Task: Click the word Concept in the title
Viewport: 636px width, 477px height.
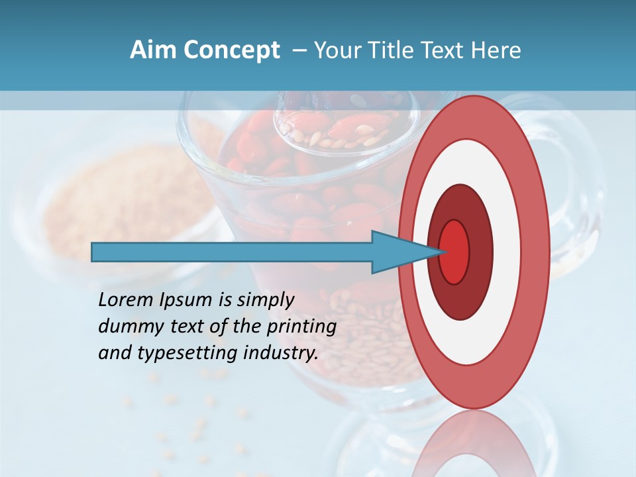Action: [233, 50]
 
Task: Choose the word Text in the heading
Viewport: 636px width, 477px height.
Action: [445, 50]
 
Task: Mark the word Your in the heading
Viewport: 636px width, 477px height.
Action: [335, 50]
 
